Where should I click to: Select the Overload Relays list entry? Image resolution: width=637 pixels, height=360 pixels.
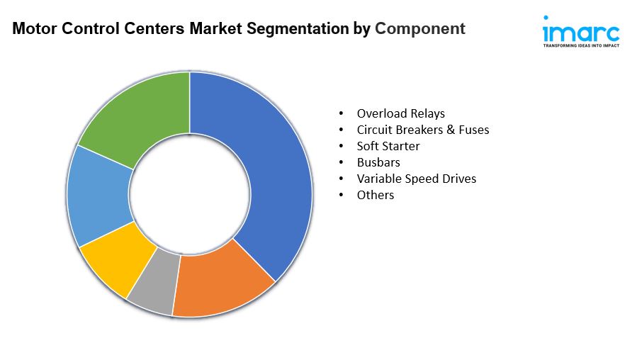[400, 113]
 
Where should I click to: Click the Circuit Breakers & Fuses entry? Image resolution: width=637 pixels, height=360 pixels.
[422, 130]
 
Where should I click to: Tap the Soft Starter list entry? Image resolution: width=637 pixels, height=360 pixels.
[388, 146]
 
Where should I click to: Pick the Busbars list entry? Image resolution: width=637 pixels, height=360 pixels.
[378, 162]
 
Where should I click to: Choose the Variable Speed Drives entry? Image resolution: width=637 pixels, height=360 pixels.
[416, 179]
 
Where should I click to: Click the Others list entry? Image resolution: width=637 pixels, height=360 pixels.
[375, 195]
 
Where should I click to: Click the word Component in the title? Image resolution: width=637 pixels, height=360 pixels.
[419, 29]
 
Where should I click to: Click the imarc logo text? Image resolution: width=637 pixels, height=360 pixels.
[580, 31]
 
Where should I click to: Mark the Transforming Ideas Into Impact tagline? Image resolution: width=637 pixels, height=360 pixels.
[580, 45]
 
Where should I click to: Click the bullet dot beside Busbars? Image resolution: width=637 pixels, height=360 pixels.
[342, 162]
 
